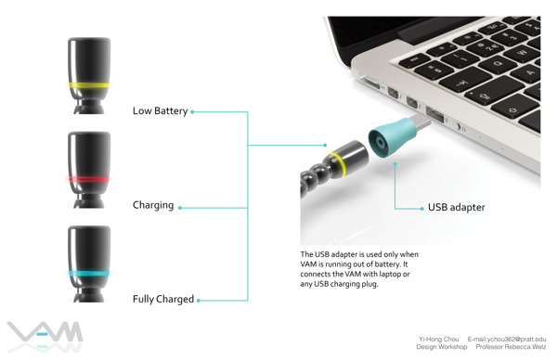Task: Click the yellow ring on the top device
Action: tap(89, 85)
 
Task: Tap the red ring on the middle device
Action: tap(89, 179)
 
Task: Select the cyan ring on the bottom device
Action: tap(89, 274)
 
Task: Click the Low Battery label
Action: tap(160, 111)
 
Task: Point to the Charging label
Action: tap(153, 205)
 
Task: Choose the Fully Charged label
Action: tap(163, 300)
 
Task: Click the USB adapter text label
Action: tap(456, 207)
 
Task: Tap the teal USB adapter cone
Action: tap(392, 136)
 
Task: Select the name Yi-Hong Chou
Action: tap(438, 339)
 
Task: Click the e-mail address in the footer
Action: tap(507, 339)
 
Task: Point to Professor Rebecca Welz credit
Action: tap(511, 347)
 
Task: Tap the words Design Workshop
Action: tap(442, 347)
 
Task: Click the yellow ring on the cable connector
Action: tap(338, 164)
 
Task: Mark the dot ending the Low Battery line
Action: tap(192, 112)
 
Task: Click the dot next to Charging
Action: tap(180, 208)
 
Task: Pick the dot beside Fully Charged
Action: tap(199, 301)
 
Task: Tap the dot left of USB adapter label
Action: tap(421, 209)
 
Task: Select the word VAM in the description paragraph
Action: tap(308, 264)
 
